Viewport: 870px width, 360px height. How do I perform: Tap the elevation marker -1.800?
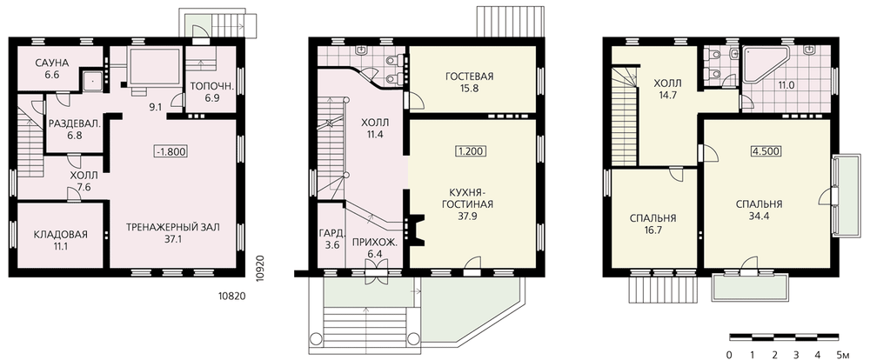(171, 151)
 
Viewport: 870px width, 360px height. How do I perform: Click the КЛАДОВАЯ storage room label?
(61, 234)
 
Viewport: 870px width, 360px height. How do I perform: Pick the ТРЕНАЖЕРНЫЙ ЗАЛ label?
(173, 227)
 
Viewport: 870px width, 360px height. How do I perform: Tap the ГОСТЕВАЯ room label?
(470, 76)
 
